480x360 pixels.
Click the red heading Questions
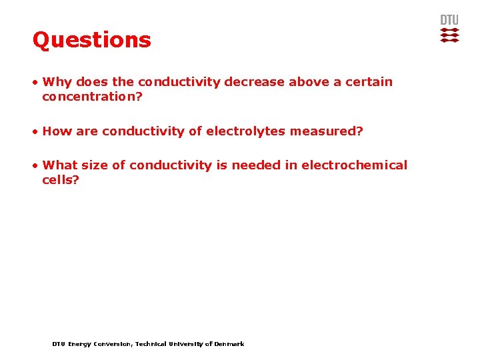point(92,40)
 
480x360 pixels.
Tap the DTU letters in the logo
point(449,20)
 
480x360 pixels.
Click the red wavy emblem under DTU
point(450,35)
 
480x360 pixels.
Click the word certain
point(368,82)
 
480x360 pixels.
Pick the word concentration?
point(92,97)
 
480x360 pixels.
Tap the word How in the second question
point(57,131)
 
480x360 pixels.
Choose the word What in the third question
point(60,165)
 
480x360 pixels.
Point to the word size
point(94,165)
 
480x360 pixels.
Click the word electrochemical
point(354,165)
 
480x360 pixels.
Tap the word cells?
point(61,180)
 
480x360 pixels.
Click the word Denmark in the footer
point(229,344)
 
